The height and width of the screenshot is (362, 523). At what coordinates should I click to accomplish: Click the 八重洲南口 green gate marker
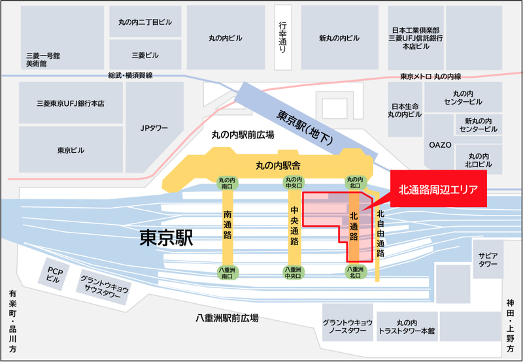pos(228,272)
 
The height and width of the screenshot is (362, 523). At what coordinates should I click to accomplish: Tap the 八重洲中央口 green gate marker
pos(292,272)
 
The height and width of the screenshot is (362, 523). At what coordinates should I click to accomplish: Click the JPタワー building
pos(155,128)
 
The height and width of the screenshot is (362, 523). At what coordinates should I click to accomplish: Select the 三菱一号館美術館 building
pos(43,59)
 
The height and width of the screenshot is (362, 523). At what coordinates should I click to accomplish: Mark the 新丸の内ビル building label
pos(339,38)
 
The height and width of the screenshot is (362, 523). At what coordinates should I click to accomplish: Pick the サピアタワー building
pos(488,259)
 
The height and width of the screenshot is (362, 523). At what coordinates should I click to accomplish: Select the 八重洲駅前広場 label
pos(227,318)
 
